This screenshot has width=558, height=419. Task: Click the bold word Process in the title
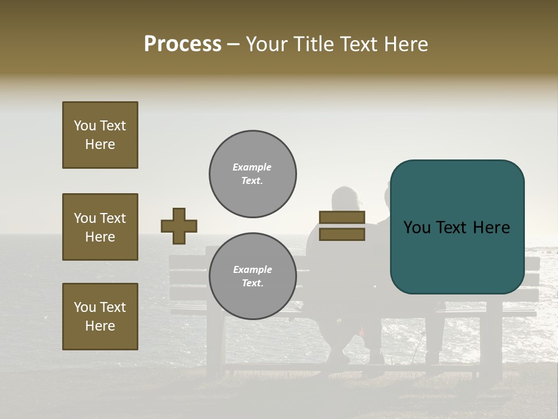point(183,44)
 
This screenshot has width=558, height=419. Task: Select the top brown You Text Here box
point(100,135)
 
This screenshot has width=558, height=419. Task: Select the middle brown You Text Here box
point(100,227)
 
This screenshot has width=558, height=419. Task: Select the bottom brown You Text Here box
point(100,317)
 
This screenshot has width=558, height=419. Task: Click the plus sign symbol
point(179,226)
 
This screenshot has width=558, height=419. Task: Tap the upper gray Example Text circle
point(253,174)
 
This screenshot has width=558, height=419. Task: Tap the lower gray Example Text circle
point(253,276)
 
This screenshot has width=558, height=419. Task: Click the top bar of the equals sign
point(342,218)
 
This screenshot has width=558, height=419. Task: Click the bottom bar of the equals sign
point(342,234)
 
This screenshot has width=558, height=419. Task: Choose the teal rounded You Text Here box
point(457,227)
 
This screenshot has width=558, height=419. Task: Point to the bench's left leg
point(215,343)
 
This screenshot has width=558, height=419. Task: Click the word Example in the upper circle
point(252,167)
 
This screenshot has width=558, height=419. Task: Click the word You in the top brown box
point(84,126)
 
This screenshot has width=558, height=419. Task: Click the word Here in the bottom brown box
point(100,326)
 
